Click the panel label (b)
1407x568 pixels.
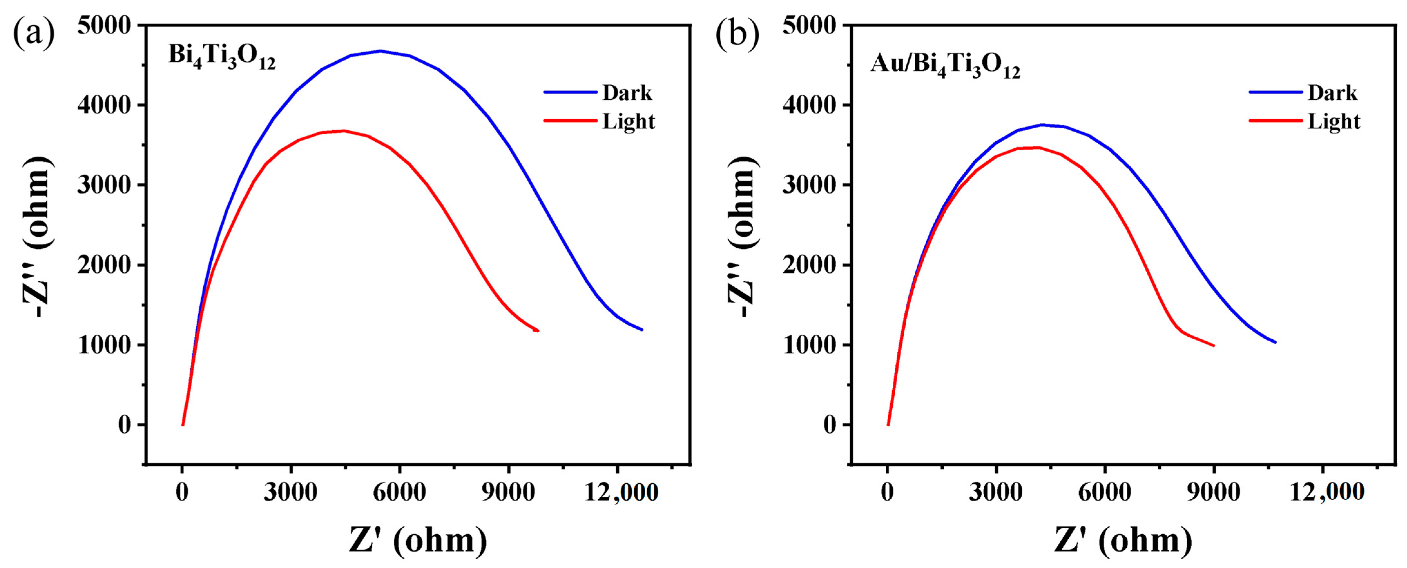point(737,34)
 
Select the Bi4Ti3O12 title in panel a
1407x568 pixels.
point(222,57)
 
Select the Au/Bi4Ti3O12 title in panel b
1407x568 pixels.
point(945,65)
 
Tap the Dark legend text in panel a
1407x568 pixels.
point(627,93)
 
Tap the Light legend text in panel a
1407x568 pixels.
point(628,121)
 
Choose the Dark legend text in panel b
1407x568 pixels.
point(1332,93)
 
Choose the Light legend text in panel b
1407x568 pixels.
point(1333,121)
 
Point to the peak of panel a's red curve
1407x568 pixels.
point(343,131)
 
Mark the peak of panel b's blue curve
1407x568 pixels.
point(1042,125)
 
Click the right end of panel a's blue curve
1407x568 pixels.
point(642,330)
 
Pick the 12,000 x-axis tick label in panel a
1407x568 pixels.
point(621,493)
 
